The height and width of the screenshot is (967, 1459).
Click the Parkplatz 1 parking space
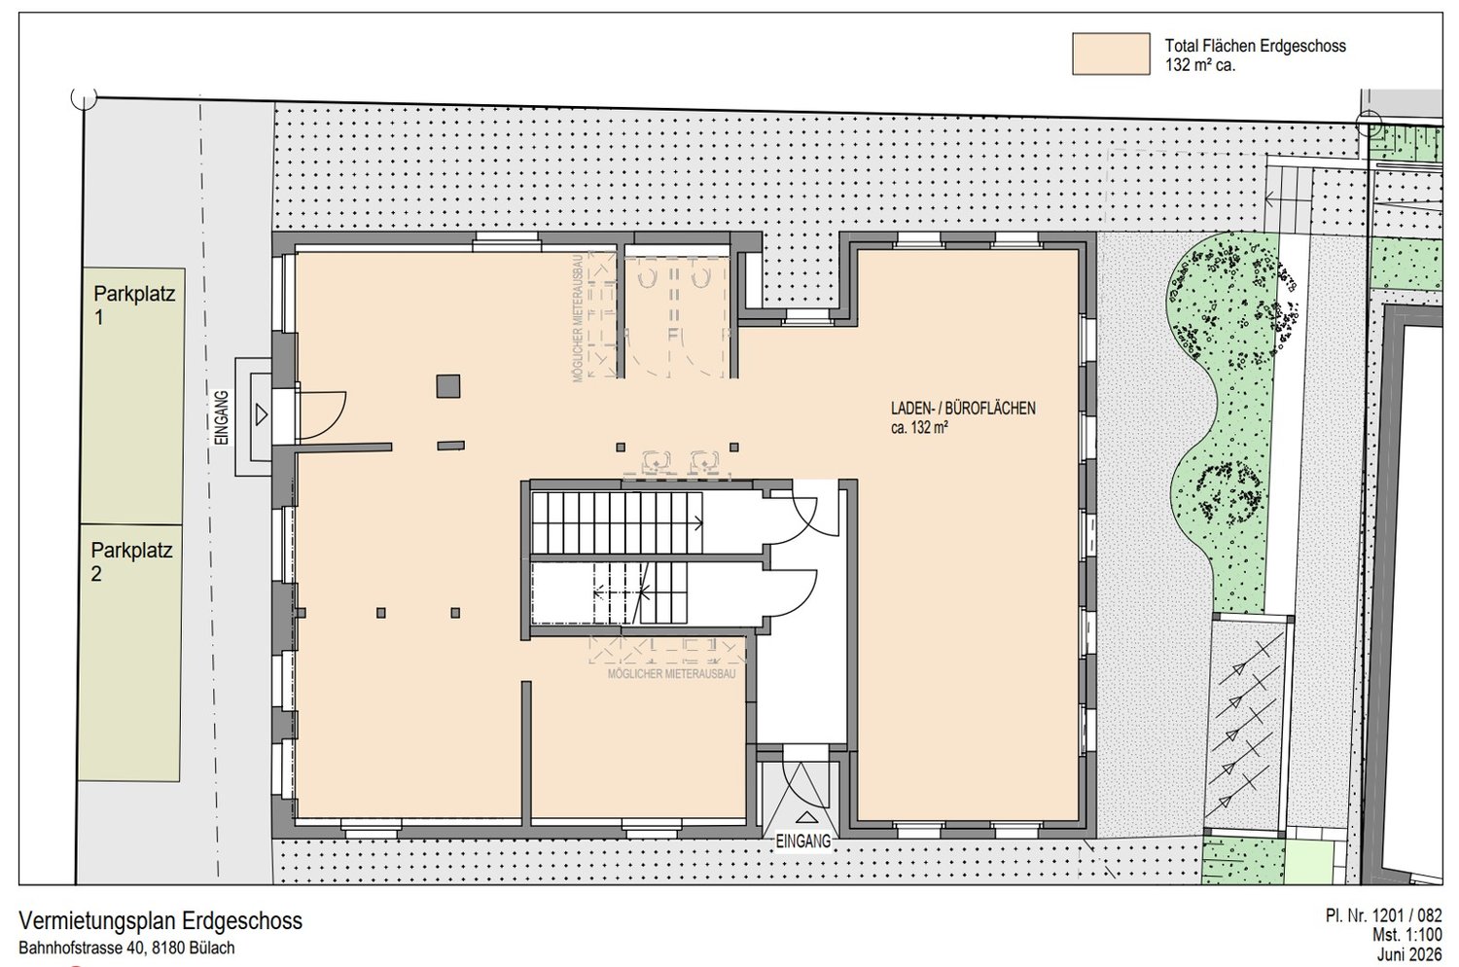tap(132, 396)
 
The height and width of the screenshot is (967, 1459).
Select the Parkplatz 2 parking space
tap(130, 652)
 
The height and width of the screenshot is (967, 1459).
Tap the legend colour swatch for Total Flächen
tap(1111, 54)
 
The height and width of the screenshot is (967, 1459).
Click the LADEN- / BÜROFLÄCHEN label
tap(963, 410)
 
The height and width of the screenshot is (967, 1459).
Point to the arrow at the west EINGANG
tap(262, 414)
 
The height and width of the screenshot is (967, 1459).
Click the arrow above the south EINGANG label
tap(805, 817)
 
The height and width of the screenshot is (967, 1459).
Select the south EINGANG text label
tap(803, 842)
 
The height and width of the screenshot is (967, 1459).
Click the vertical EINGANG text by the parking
tap(222, 417)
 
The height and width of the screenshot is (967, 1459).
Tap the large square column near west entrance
tap(448, 386)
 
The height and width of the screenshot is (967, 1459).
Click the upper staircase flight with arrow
tap(618, 522)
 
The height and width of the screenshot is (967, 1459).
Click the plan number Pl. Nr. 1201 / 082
tap(1383, 915)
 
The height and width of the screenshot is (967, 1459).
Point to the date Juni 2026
tap(1409, 954)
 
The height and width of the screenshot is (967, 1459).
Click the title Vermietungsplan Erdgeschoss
tap(160, 920)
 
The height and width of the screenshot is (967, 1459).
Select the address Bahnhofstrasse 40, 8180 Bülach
tap(127, 949)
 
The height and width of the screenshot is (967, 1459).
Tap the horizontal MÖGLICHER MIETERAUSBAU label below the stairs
tap(671, 674)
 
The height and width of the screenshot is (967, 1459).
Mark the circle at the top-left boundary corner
tap(84, 97)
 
